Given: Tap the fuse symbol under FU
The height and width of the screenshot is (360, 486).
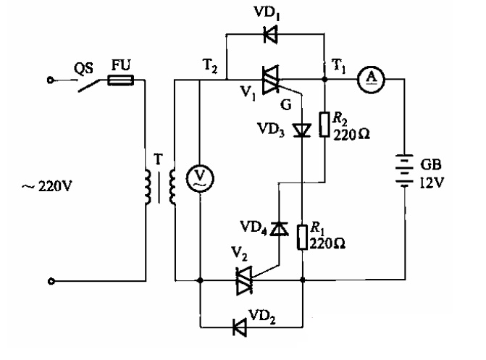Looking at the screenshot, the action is click(120, 80).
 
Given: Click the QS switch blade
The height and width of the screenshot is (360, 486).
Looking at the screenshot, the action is click(89, 85).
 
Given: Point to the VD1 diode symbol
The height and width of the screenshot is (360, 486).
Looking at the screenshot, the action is click(271, 34).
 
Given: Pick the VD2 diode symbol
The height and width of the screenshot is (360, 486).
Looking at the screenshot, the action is click(240, 327).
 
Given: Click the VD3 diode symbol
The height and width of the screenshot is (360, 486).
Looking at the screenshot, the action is click(302, 130).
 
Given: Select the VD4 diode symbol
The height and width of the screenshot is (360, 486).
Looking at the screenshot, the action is click(279, 229).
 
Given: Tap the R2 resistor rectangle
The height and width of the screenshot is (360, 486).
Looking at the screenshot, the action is click(324, 125).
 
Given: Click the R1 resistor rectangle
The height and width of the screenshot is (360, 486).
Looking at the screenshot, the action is click(302, 237).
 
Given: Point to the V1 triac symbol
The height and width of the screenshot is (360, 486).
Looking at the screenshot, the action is click(271, 80).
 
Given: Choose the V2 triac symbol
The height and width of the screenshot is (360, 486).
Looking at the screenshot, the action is click(244, 280).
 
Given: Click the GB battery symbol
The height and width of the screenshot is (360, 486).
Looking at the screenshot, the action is click(404, 171).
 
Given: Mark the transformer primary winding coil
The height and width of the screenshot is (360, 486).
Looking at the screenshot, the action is click(148, 187).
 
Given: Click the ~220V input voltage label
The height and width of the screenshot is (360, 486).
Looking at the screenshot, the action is click(46, 186).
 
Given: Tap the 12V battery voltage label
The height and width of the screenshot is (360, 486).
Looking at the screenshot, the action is click(432, 183).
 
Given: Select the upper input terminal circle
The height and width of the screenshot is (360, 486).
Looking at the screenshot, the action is click(50, 80).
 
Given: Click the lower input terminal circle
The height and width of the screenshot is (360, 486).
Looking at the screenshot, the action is click(51, 281).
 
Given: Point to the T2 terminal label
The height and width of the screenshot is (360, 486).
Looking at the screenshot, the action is click(210, 66).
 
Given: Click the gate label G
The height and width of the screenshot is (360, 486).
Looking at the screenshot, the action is click(285, 105).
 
